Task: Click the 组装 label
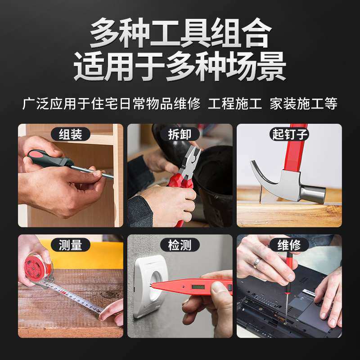pos(71,134)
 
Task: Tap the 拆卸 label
pos(180,134)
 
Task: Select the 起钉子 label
pos(289,134)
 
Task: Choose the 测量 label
pos(71,245)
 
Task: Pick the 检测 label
pos(180,245)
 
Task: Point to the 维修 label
pos(289,245)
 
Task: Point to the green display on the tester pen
pos(198,287)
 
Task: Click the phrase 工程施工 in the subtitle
pos(234,103)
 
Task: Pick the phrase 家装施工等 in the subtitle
pos(303,103)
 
